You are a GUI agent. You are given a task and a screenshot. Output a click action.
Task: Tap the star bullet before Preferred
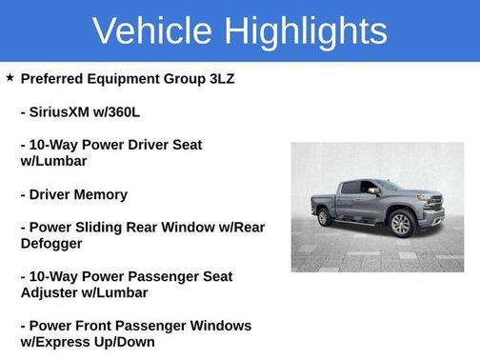pos(10,77)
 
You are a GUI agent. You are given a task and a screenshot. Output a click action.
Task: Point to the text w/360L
pos(125,111)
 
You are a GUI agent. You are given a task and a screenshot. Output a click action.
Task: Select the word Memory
pos(104,194)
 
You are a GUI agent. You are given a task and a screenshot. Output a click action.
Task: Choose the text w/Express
pos(61,342)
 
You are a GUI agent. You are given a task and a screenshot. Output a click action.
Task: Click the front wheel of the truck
pos(401,225)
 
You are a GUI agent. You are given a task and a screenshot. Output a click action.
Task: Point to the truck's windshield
pos(389,186)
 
